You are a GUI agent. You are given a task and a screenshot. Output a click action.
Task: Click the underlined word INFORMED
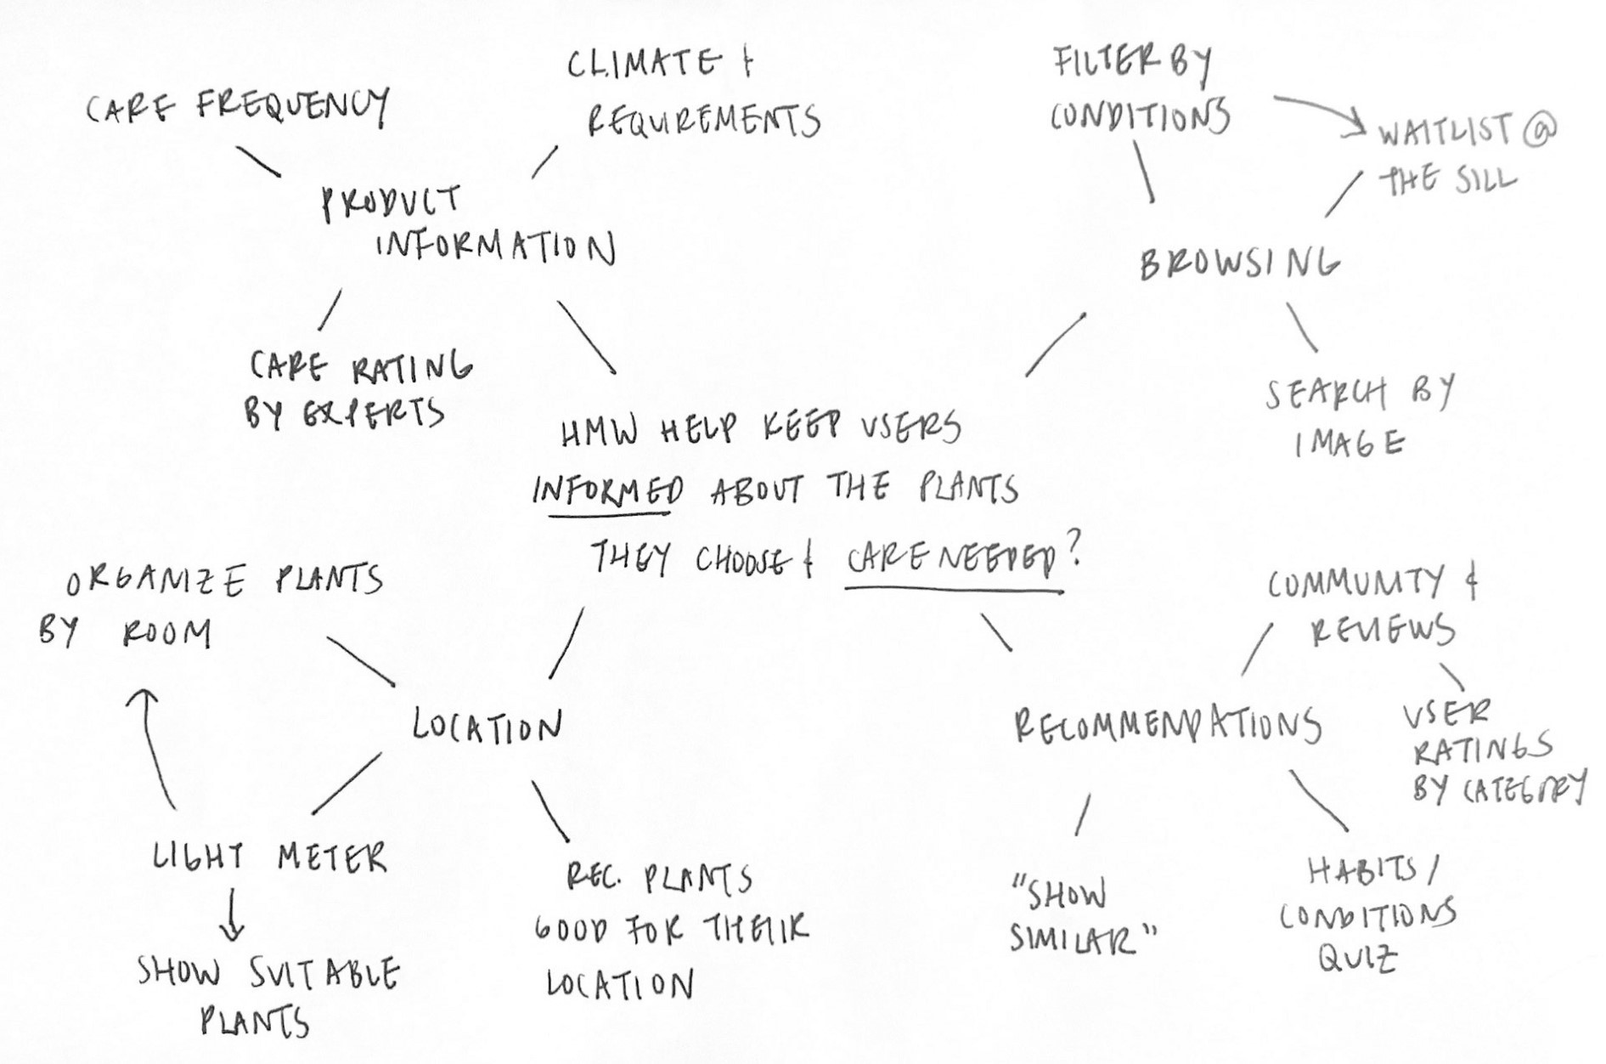tap(608, 491)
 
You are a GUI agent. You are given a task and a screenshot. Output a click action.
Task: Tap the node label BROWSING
tap(1240, 263)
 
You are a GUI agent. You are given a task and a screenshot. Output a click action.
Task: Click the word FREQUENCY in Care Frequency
tap(293, 105)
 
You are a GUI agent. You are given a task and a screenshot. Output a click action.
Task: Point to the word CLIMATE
tap(641, 65)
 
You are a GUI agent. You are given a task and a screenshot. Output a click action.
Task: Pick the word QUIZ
tap(1357, 959)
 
